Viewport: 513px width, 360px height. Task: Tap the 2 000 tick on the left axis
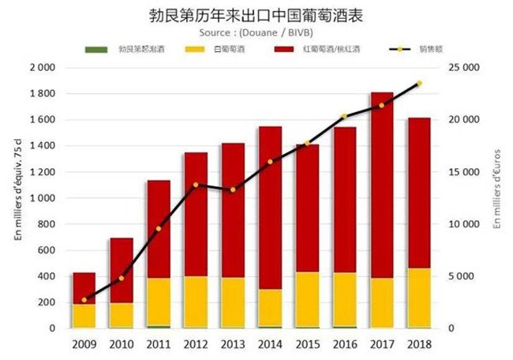41,68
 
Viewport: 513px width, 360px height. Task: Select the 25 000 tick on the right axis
471,68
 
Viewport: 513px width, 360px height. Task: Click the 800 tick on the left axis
45,224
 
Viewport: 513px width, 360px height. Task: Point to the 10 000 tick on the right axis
471,224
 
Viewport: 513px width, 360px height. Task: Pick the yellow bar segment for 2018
419,298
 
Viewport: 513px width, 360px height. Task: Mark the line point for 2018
419,83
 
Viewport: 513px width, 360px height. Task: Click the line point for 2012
195,185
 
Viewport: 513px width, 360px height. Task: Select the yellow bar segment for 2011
158,302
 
